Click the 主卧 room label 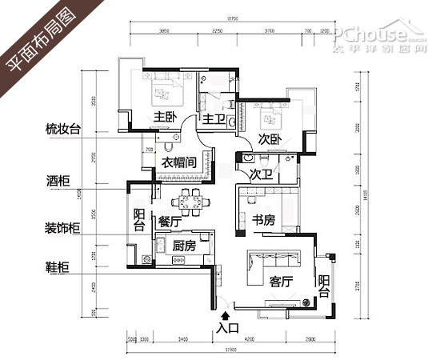tap(166, 117)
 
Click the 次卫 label tap(258, 174)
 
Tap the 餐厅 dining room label tap(169, 221)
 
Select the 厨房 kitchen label tap(183, 246)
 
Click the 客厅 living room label tap(282, 282)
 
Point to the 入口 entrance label tap(228, 327)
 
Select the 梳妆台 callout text tap(64, 129)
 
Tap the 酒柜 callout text tap(59, 179)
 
